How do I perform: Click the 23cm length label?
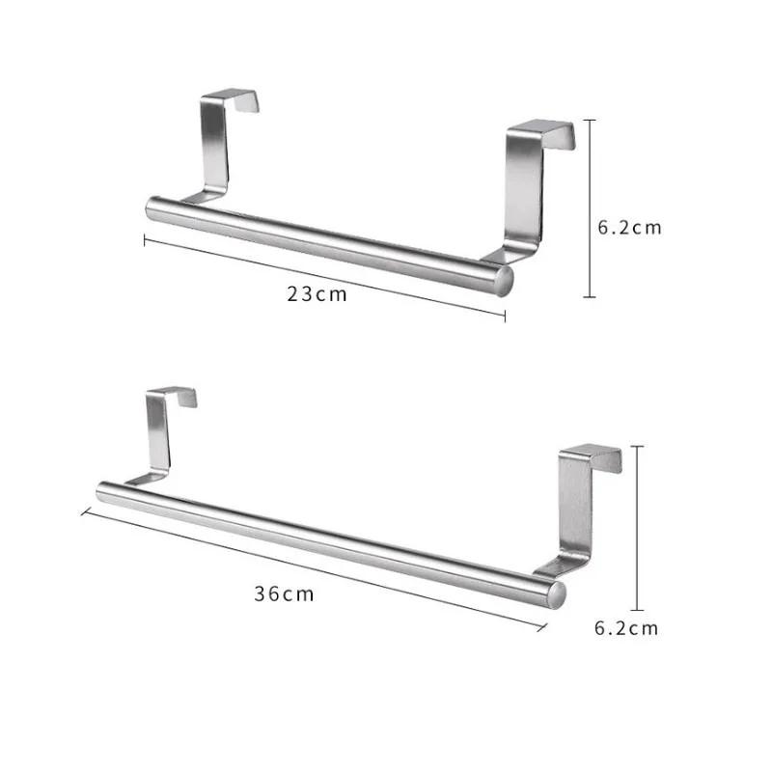317,294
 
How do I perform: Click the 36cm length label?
285,594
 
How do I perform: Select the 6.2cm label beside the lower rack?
626,628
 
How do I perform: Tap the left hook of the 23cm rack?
219,140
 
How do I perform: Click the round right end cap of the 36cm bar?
556,593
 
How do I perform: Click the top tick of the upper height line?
591,121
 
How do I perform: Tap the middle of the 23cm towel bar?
328,241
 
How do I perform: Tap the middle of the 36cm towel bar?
328,540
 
